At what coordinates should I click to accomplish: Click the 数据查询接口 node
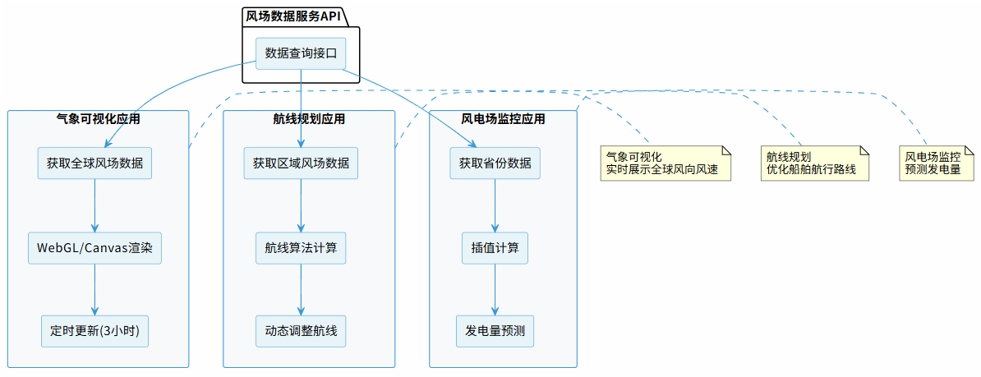pyautogui.click(x=301, y=53)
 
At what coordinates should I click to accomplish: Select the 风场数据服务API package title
pyautogui.click(x=292, y=16)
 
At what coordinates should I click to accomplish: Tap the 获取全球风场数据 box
pyautogui.click(x=95, y=163)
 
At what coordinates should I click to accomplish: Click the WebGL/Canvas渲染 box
pyautogui.click(x=95, y=247)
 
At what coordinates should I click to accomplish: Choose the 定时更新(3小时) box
pyautogui.click(x=95, y=331)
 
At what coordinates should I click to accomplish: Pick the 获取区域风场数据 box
pyautogui.click(x=301, y=163)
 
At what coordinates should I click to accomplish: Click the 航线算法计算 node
pyautogui.click(x=301, y=247)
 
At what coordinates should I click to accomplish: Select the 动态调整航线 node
pyautogui.click(x=301, y=331)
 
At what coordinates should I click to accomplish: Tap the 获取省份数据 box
pyautogui.click(x=495, y=163)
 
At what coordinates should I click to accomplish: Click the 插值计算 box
pyautogui.click(x=495, y=247)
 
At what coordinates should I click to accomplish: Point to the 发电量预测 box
pyautogui.click(x=495, y=331)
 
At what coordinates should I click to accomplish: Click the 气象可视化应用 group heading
pyautogui.click(x=98, y=119)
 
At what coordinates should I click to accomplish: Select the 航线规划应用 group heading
pyautogui.click(x=309, y=119)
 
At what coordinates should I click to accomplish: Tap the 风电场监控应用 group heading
pyautogui.click(x=503, y=119)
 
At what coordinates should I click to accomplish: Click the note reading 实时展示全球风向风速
pyautogui.click(x=666, y=163)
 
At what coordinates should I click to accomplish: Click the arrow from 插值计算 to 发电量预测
pyautogui.click(x=495, y=289)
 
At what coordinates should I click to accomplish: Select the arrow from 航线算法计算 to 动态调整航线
pyautogui.click(x=301, y=289)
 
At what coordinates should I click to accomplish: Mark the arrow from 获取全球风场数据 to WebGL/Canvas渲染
pyautogui.click(x=95, y=205)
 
